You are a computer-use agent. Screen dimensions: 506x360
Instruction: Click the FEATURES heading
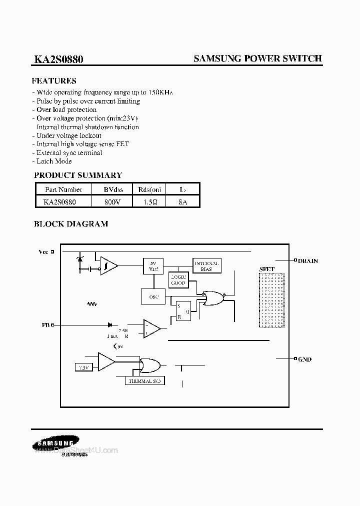[x=54, y=81]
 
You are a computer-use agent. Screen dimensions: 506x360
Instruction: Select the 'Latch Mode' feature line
[x=54, y=161]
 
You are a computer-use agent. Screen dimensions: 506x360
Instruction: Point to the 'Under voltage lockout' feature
[x=68, y=135]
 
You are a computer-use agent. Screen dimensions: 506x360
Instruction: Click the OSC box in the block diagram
[x=153, y=297]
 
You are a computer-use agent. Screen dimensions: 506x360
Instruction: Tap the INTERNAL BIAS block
[x=206, y=265]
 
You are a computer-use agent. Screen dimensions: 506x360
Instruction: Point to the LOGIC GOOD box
[x=178, y=280]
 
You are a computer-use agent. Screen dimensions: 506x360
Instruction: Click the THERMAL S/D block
[x=144, y=381]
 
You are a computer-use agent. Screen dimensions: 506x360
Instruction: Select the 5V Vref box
[x=153, y=265]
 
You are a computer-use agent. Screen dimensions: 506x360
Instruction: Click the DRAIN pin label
[x=307, y=261]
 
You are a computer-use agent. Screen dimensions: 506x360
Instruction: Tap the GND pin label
[x=304, y=359]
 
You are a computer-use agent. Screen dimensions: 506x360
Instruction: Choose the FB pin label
[x=45, y=324]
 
